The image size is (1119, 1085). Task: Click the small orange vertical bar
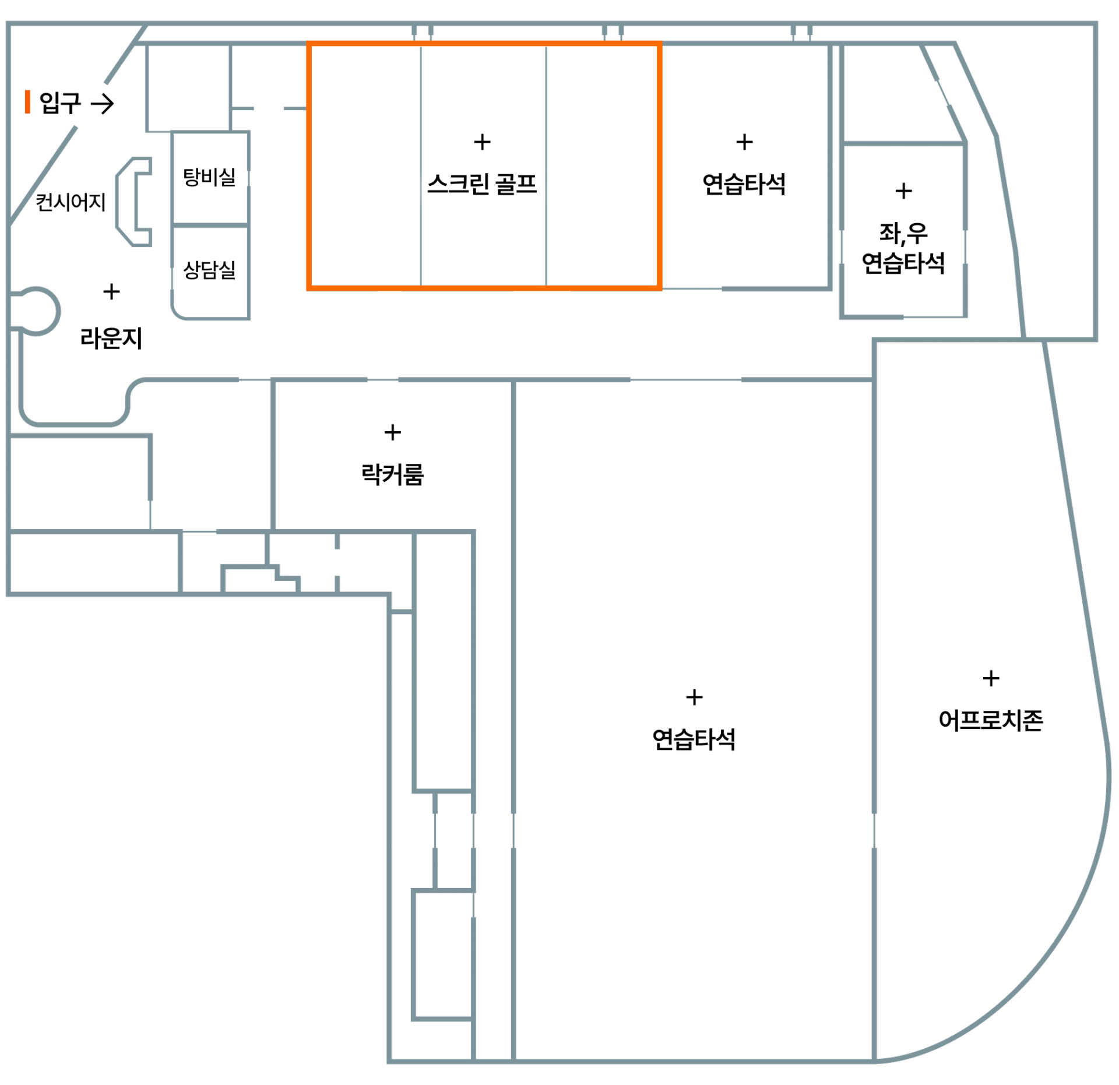pyautogui.click(x=27, y=101)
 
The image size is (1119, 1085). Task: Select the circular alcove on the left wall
pyautogui.click(x=37, y=311)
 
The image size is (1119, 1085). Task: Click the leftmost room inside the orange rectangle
pyautogui.click(x=365, y=166)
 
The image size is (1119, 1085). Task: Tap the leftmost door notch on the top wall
pyautogui.click(x=423, y=33)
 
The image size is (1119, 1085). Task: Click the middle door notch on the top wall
pyautogui.click(x=613, y=33)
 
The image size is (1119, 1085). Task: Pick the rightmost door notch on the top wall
pyautogui.click(x=801, y=33)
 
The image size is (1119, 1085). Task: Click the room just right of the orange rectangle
pyautogui.click(x=744, y=166)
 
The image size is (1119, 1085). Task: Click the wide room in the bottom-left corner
pyautogui.click(x=93, y=562)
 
